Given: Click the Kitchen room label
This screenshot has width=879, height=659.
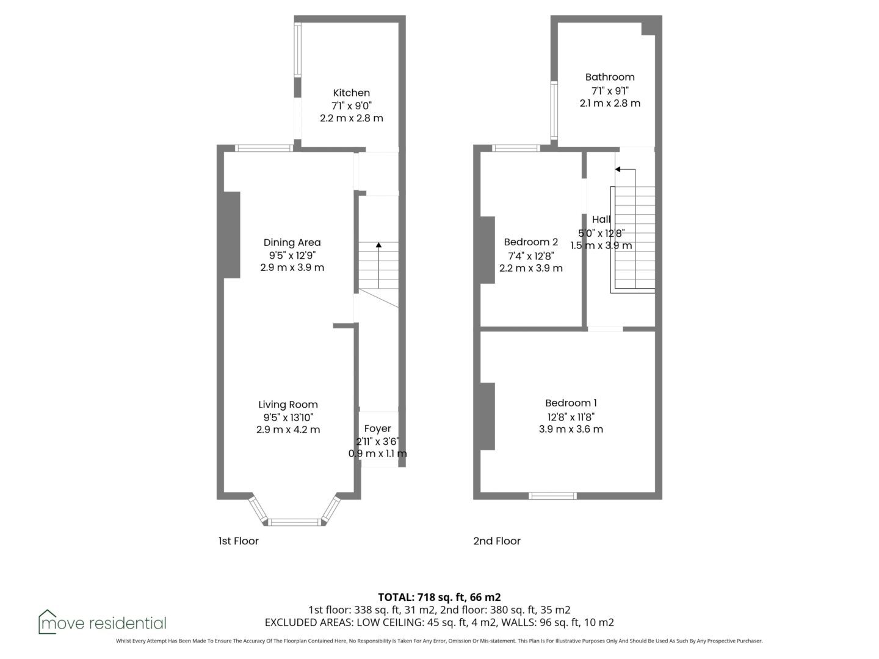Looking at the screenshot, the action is point(351,93).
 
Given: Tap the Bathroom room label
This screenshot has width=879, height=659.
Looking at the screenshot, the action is point(609,77).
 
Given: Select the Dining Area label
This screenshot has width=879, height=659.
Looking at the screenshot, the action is point(292,242).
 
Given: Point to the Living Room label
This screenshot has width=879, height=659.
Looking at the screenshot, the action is point(288,405).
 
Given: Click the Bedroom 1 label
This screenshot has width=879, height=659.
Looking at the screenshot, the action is point(571,403).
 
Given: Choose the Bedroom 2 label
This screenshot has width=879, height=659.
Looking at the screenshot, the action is point(530,242).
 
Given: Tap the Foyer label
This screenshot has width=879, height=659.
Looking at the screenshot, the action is point(377,428).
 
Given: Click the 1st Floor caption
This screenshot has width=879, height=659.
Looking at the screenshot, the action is point(238,541).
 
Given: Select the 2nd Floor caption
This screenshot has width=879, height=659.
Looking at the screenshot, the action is point(496,541).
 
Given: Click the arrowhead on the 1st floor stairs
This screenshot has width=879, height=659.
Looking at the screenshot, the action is point(378,245).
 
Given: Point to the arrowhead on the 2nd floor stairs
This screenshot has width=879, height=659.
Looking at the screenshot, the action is point(618,169).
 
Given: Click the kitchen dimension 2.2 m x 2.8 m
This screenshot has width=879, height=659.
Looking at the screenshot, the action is point(351,118).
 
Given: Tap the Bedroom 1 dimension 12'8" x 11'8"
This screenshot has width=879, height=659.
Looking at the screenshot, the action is point(571,417).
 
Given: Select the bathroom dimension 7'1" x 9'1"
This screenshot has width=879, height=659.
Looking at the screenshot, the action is point(610,90).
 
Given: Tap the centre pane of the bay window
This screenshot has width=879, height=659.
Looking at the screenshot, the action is point(294,522).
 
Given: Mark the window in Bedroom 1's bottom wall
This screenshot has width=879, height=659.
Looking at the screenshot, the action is point(552,495).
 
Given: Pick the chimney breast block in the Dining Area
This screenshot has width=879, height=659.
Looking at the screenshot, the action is point(232,235).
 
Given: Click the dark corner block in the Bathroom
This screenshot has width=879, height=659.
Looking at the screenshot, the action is point(648,29).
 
